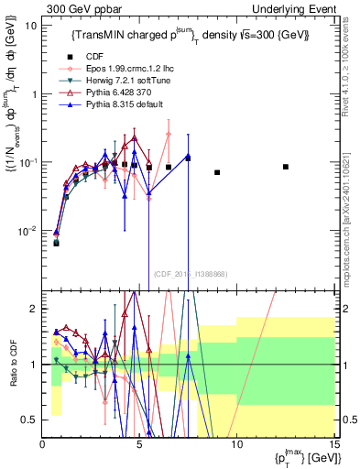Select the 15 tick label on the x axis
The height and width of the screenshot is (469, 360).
click(333, 444)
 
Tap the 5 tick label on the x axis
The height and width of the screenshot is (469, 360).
click(139, 444)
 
